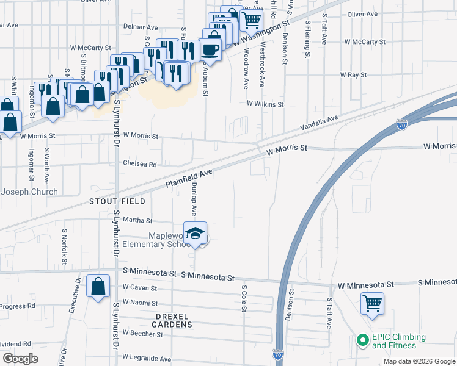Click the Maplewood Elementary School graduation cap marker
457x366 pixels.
196,234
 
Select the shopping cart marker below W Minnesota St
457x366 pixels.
372,303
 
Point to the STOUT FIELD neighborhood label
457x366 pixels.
117,201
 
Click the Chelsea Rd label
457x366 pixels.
140,164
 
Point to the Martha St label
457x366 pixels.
137,220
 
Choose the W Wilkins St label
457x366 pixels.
265,104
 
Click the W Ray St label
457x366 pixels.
353,74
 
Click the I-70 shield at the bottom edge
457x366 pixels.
277,353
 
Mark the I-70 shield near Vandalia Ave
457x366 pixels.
401,125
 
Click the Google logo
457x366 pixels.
20,359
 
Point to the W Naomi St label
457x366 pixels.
140,303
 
